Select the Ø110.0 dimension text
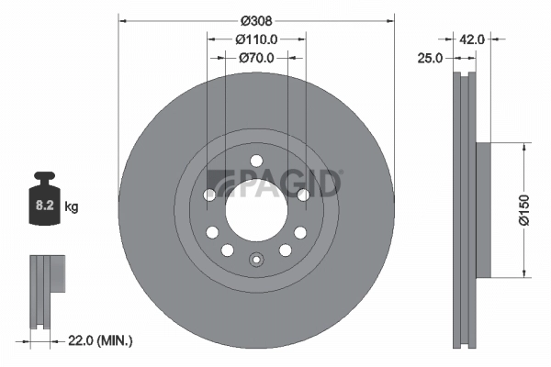coord(256,39)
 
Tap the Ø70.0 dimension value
coord(258,57)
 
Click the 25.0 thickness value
coord(431,57)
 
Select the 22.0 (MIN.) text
coord(101,341)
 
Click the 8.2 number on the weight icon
coord(43,207)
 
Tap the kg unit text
coord(72,207)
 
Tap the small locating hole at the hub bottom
coord(256,261)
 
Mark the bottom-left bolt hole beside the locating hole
coord(227,250)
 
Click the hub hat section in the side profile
coord(483,207)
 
